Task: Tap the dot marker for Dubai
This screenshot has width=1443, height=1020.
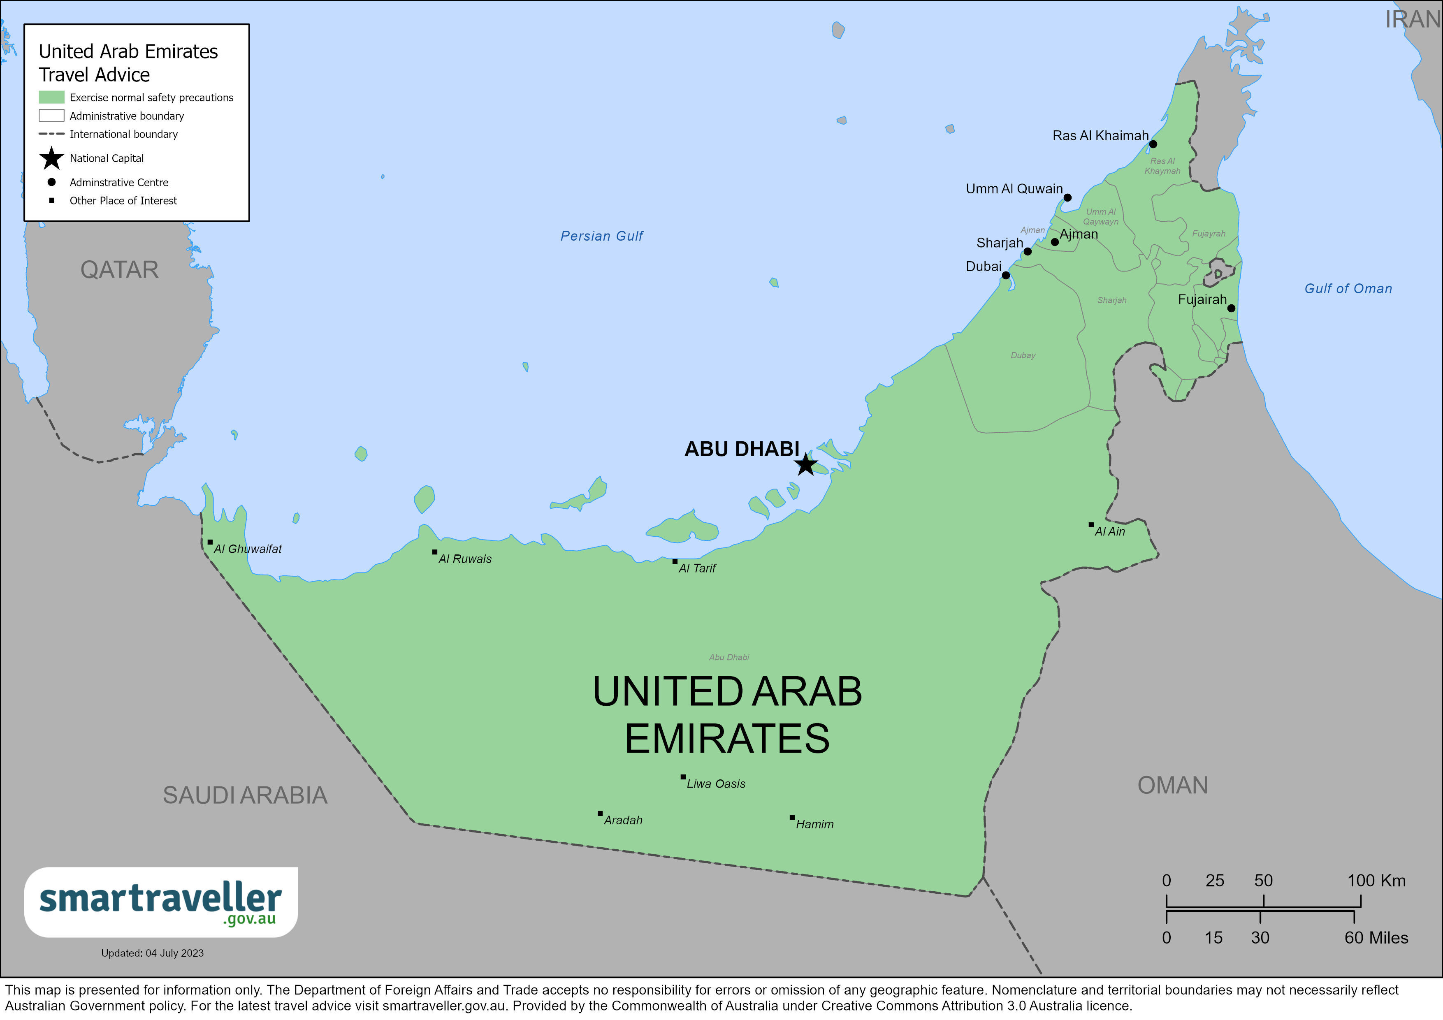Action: pyautogui.click(x=1006, y=275)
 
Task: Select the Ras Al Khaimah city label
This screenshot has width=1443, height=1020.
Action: pyautogui.click(x=1100, y=136)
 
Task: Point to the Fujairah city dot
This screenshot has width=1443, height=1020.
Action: pyautogui.click(x=1231, y=308)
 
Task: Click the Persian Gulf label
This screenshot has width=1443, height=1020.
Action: pyautogui.click(x=601, y=236)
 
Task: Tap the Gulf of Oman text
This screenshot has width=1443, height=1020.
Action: pyautogui.click(x=1348, y=288)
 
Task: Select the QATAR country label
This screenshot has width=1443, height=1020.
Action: pyautogui.click(x=119, y=270)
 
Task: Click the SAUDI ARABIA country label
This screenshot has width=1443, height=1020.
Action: pyautogui.click(x=245, y=795)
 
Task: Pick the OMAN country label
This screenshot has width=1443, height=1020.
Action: pyautogui.click(x=1173, y=785)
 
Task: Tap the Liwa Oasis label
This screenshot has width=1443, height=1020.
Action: pyautogui.click(x=716, y=784)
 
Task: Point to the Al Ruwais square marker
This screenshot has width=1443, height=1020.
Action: pyautogui.click(x=434, y=552)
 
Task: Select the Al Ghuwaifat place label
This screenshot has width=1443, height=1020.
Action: pyautogui.click(x=248, y=549)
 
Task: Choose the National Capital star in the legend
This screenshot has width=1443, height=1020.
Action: pyautogui.click(x=51, y=158)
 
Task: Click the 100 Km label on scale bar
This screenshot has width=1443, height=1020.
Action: pyautogui.click(x=1376, y=881)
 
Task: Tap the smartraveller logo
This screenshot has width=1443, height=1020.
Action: pyautogui.click(x=161, y=902)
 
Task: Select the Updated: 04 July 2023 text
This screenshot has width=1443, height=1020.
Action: pyautogui.click(x=152, y=953)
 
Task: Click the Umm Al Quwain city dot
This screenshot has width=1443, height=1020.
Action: pyautogui.click(x=1067, y=197)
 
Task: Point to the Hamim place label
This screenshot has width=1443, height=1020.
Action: pyautogui.click(x=814, y=824)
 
